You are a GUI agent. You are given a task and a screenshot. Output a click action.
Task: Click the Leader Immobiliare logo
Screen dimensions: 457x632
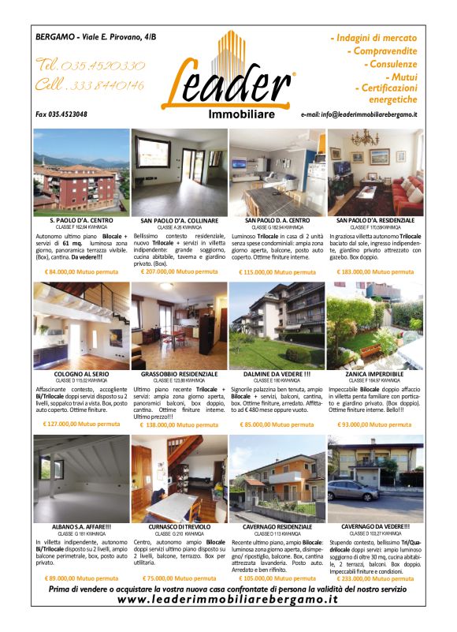click(228, 77)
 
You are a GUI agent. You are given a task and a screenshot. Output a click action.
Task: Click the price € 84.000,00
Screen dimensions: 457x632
click(81, 271)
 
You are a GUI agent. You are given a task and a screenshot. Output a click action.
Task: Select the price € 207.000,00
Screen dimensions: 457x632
click(180, 271)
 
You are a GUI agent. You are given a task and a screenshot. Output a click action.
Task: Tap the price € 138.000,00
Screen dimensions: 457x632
click(180, 424)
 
